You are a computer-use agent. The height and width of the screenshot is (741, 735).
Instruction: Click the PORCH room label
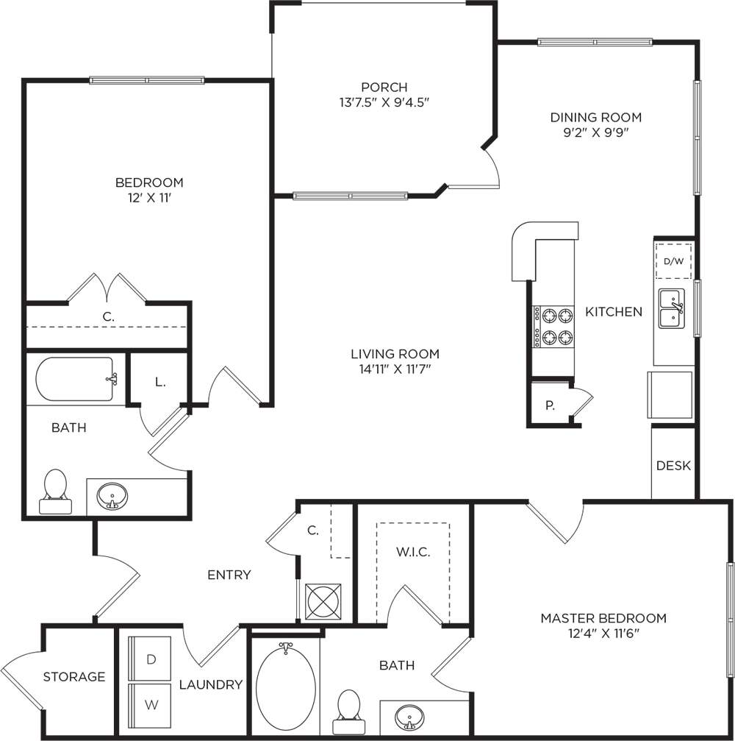(x=379, y=88)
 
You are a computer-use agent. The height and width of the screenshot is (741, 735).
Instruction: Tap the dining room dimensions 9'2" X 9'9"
(x=596, y=133)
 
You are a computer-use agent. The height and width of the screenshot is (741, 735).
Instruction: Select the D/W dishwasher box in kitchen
(x=673, y=261)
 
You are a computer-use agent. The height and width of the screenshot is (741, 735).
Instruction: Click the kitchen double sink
(x=672, y=309)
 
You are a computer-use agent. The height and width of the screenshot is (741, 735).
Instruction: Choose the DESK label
(x=673, y=466)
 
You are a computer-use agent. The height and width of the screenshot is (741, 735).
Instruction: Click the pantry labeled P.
(x=550, y=405)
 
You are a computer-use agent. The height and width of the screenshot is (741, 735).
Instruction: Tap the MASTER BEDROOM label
(x=603, y=618)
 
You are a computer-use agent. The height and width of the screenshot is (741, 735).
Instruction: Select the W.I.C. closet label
(x=412, y=551)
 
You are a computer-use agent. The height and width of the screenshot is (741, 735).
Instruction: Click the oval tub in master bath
(x=286, y=685)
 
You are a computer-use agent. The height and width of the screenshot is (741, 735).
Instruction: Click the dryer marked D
(x=151, y=659)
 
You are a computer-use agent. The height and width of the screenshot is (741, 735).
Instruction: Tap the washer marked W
(x=151, y=704)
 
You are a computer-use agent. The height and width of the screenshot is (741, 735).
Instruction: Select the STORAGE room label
(x=74, y=677)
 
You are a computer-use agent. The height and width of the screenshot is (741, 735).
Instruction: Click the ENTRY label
(x=229, y=575)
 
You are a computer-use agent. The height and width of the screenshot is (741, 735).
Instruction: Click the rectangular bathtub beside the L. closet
(x=75, y=379)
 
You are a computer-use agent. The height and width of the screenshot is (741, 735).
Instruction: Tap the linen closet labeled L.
(x=160, y=382)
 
